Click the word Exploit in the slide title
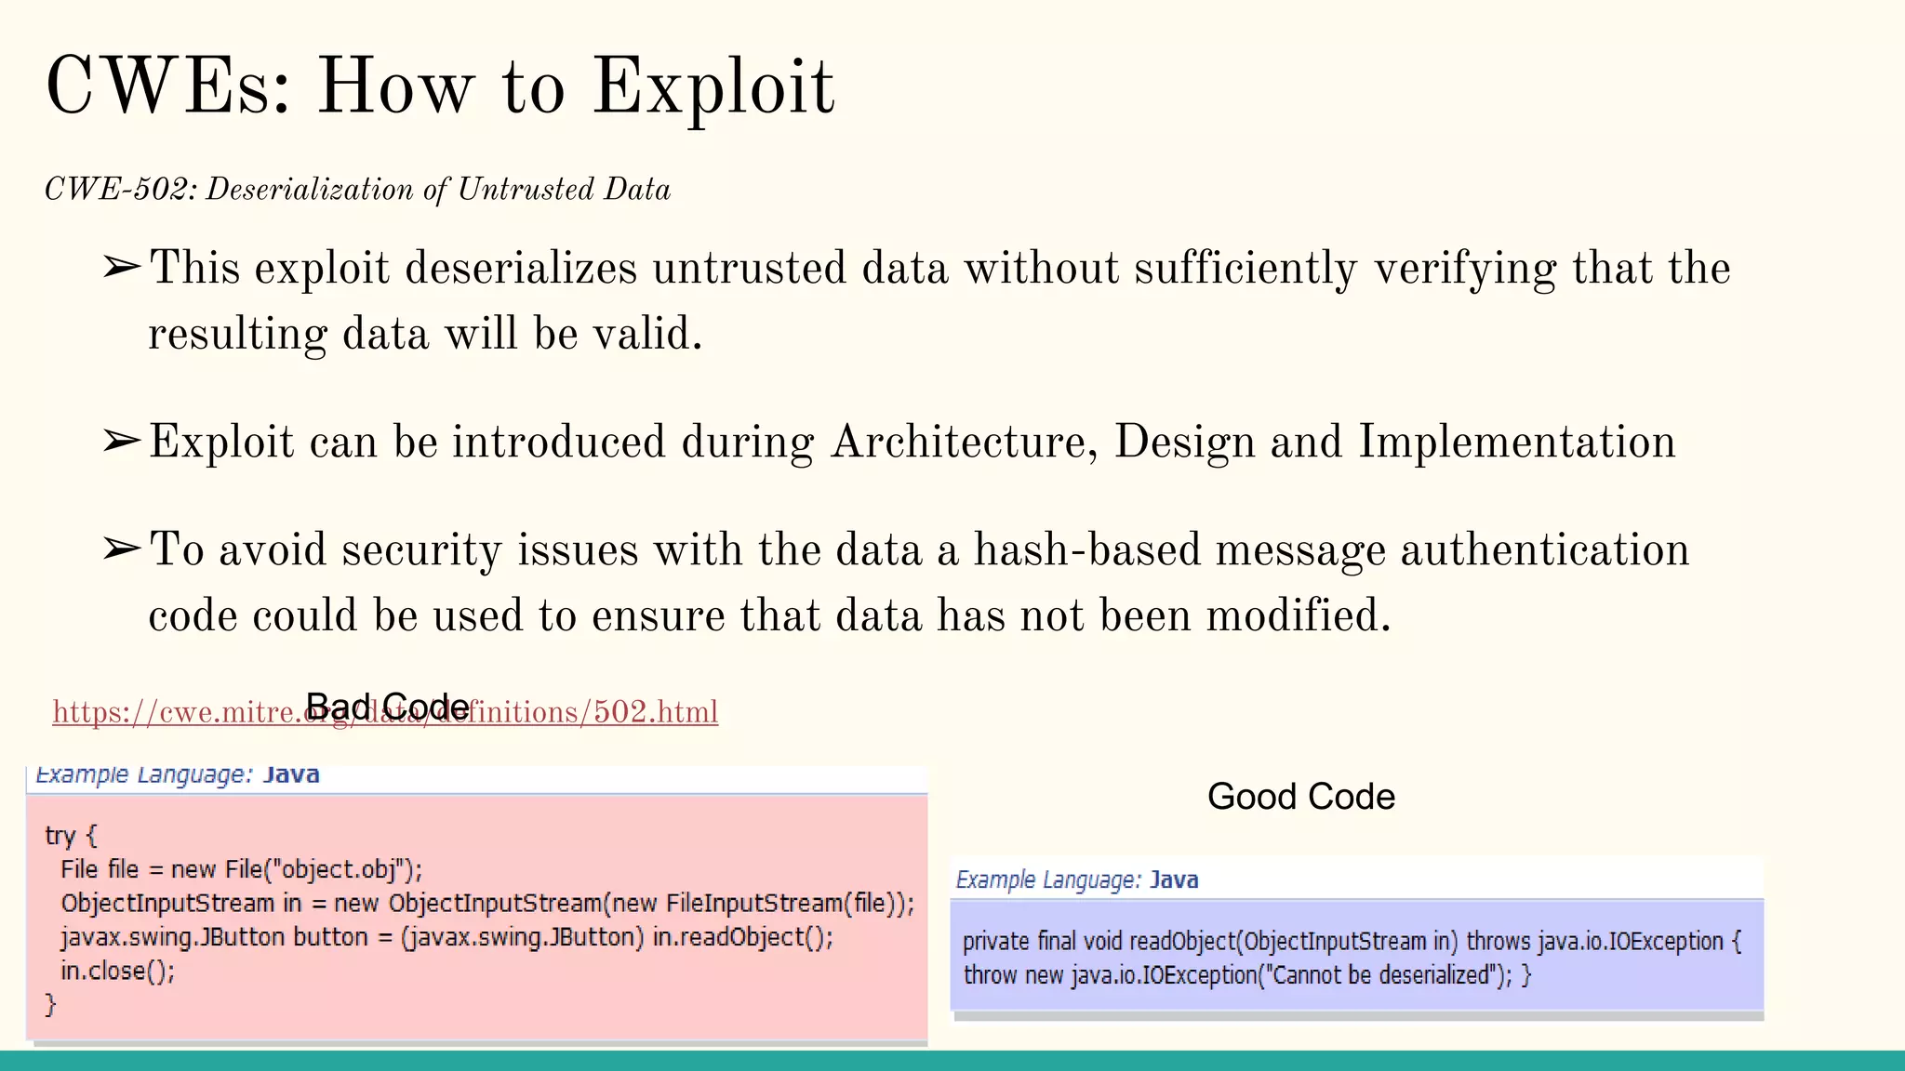(x=713, y=87)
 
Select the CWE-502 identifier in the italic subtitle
(x=119, y=190)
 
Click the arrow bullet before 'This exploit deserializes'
(x=122, y=269)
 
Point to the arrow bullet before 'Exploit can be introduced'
(x=122, y=441)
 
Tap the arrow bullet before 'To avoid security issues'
(x=122, y=549)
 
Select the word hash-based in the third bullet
(x=1086, y=549)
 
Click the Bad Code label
(x=387, y=707)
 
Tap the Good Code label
(x=1300, y=797)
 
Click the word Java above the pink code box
(x=291, y=775)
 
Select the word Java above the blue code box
(x=1174, y=880)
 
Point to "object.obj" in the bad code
(x=343, y=870)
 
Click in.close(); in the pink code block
(x=117, y=972)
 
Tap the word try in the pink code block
(x=60, y=836)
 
